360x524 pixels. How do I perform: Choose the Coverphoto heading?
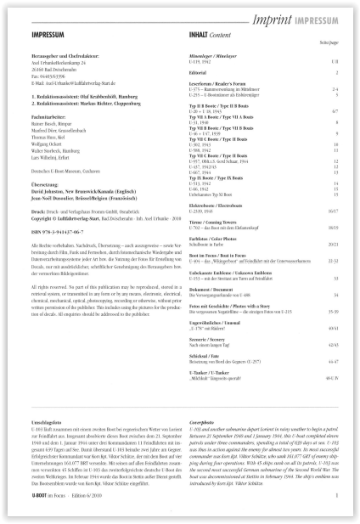click(x=207, y=444)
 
